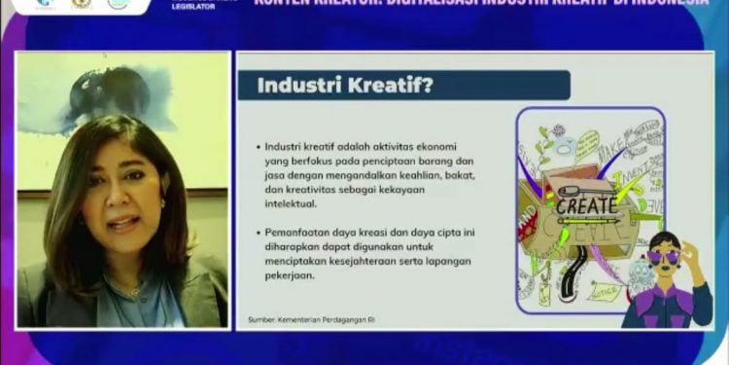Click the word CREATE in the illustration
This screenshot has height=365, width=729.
click(x=586, y=205)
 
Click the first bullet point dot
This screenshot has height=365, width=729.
click(x=258, y=146)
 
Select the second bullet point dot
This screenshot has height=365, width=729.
click(x=258, y=234)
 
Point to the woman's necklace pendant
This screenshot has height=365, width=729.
click(x=133, y=290)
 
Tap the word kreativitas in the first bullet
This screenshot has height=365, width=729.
click(x=322, y=191)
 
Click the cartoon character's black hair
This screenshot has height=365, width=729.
click(x=665, y=238)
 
